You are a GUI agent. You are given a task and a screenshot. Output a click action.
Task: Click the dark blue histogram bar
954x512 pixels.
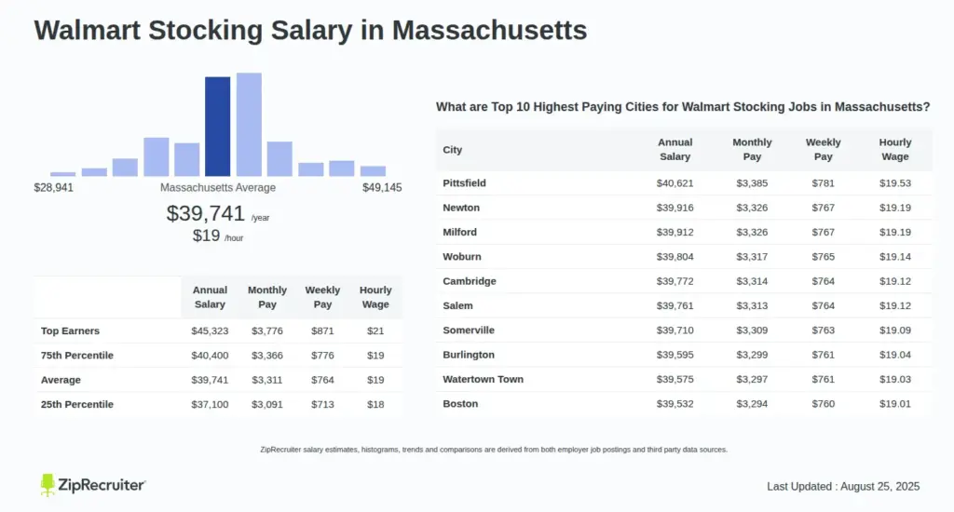click(x=217, y=126)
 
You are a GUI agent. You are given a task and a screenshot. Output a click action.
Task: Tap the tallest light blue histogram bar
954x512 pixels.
click(x=249, y=124)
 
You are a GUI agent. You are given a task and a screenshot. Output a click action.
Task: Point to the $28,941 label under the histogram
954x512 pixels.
click(x=53, y=188)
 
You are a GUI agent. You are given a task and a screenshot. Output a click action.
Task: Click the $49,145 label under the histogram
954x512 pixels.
click(x=382, y=188)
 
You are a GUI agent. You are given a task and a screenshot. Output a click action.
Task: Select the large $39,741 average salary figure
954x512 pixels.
click(x=205, y=213)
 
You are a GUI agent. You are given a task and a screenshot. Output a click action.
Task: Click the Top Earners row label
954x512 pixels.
click(x=70, y=331)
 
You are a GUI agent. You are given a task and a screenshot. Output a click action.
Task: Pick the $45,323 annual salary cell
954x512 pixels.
click(x=210, y=331)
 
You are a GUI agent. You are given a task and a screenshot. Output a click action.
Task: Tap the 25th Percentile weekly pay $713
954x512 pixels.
click(x=322, y=405)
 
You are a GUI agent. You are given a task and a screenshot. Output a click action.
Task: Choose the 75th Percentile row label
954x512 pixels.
click(x=77, y=356)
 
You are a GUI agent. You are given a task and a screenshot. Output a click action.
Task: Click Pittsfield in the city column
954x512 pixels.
click(x=464, y=183)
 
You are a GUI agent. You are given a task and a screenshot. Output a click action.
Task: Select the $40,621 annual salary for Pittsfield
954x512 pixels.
click(x=675, y=183)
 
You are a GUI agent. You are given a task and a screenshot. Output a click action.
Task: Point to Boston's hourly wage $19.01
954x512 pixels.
click(x=895, y=404)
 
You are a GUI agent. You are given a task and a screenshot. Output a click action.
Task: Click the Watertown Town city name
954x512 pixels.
click(x=483, y=380)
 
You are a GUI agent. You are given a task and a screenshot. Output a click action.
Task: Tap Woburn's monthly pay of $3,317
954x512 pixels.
click(x=752, y=257)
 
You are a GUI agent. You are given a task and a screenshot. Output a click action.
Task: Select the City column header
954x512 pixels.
click(x=452, y=150)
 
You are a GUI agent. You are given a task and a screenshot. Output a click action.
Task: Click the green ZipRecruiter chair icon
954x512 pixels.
click(x=48, y=485)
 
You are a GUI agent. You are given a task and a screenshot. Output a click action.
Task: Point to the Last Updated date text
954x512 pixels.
click(x=843, y=487)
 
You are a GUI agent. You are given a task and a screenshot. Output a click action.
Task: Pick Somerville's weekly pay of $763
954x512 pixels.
click(x=824, y=330)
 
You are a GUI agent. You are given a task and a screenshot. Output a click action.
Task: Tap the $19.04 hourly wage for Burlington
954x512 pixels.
click(x=895, y=355)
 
